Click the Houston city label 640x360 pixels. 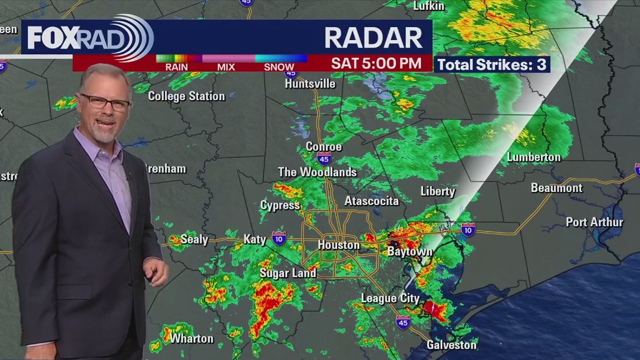tap(338, 245)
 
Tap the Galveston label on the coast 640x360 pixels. tap(451, 345)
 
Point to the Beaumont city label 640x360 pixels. tap(556, 188)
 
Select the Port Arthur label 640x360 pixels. tap(594, 222)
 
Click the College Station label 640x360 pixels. tap(186, 96)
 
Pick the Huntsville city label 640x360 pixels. tap(310, 84)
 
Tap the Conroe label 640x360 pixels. tap(324, 146)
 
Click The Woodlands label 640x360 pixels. tap(317, 172)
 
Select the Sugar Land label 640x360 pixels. tap(288, 273)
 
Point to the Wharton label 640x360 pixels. tap(192, 338)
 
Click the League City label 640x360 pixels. tap(390, 298)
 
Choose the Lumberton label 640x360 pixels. tap(534, 157)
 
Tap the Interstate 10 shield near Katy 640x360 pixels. tap(279, 238)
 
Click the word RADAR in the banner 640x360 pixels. tap(374, 38)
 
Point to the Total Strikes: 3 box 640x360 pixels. tap(492, 64)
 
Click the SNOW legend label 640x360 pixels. tap(279, 67)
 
